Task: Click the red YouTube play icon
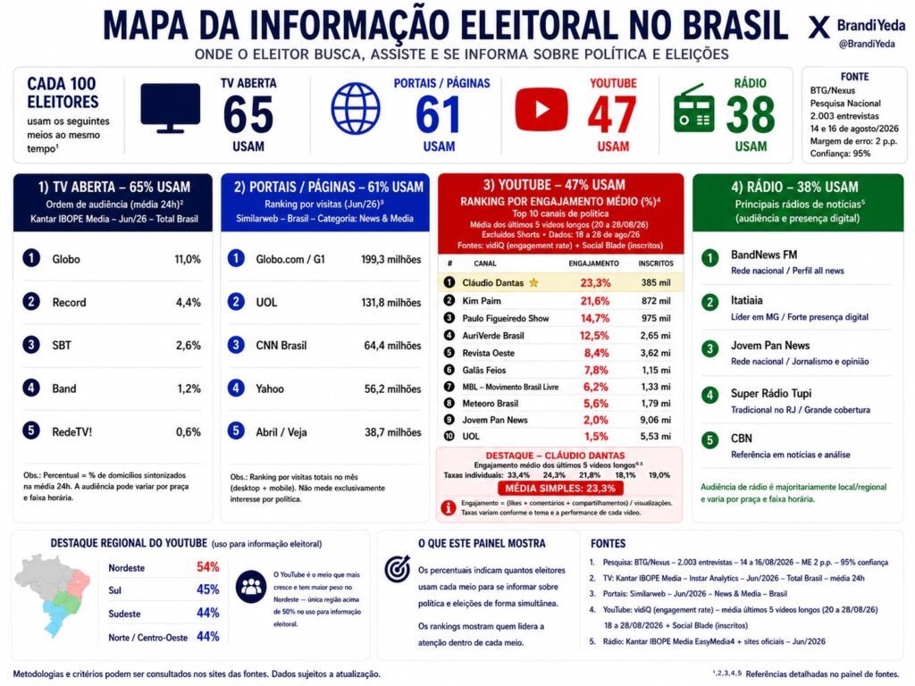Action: pos(541,109)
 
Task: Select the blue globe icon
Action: pos(356,108)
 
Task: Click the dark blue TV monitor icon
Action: pos(171,108)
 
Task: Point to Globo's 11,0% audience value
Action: pos(188,259)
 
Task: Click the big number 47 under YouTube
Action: pos(611,115)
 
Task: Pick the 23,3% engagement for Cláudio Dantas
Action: pos(595,283)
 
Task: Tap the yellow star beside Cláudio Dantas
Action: pos(533,283)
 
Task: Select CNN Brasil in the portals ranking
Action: pos(281,346)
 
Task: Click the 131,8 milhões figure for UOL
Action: pos(391,302)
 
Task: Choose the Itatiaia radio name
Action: pos(746,300)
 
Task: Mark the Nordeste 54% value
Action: pos(207,567)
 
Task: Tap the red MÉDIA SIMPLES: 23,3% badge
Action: pos(560,489)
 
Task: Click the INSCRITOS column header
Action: pos(656,264)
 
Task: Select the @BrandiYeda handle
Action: pos(867,44)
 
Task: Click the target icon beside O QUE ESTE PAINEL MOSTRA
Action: pos(398,569)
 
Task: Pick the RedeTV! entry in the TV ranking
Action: pos(71,432)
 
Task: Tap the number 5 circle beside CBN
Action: pos(709,439)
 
